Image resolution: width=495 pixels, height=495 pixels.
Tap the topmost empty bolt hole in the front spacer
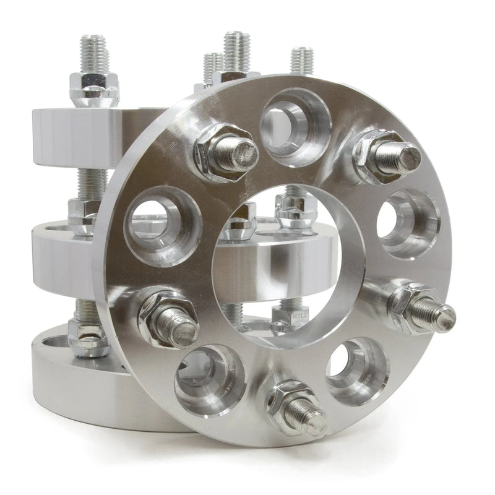[x=295, y=126]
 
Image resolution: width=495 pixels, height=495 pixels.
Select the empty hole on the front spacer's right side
[x=407, y=223]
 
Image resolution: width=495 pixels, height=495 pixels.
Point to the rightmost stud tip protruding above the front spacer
[x=302, y=59]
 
